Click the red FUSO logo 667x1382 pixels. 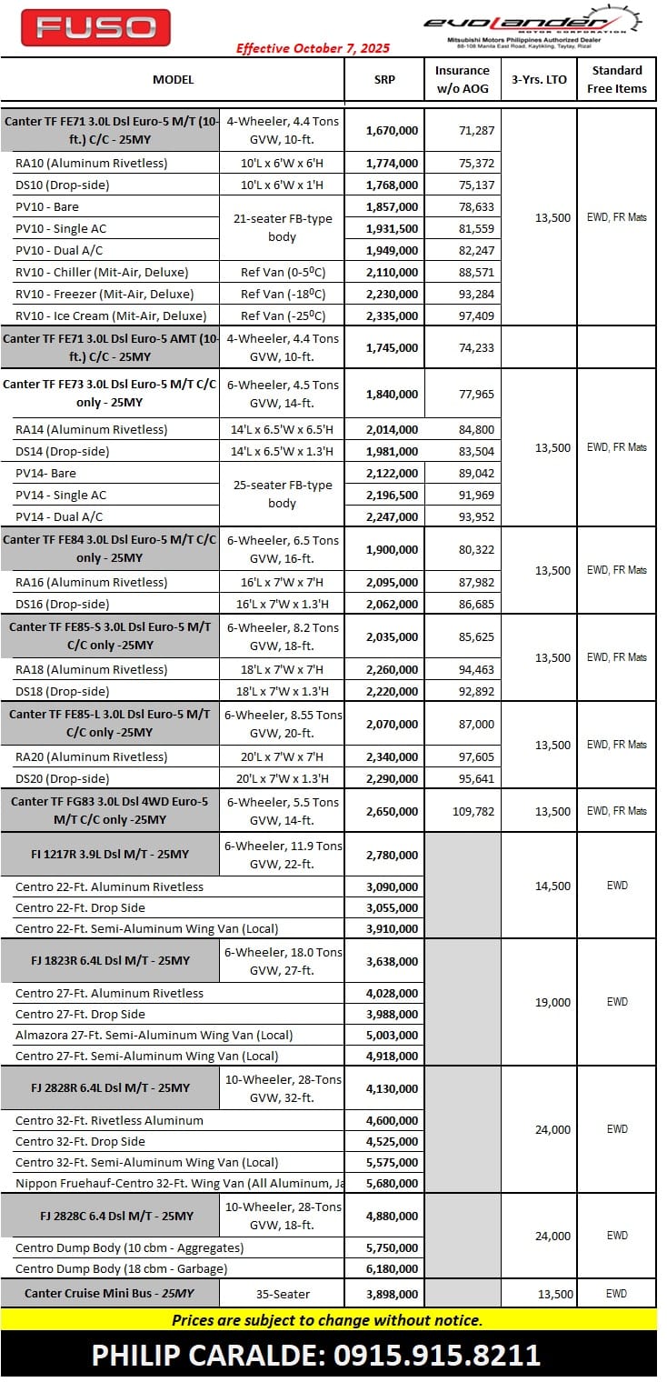(95, 27)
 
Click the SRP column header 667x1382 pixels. (384, 79)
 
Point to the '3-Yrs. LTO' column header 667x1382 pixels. (539, 79)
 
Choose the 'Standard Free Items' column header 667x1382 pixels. (617, 79)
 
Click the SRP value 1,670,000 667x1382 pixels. (392, 131)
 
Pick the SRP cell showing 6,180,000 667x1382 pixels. (392, 1268)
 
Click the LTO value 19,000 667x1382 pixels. (553, 1002)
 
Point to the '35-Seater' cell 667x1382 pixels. (283, 1294)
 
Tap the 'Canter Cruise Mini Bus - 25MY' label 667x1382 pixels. (109, 1294)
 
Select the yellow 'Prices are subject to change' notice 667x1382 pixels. (327, 1320)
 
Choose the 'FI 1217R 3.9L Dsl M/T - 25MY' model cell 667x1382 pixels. (110, 855)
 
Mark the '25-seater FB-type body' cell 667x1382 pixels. (283, 495)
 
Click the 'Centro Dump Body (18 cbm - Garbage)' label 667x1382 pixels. (121, 1268)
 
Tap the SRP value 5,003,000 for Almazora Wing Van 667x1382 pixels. (392, 1035)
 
